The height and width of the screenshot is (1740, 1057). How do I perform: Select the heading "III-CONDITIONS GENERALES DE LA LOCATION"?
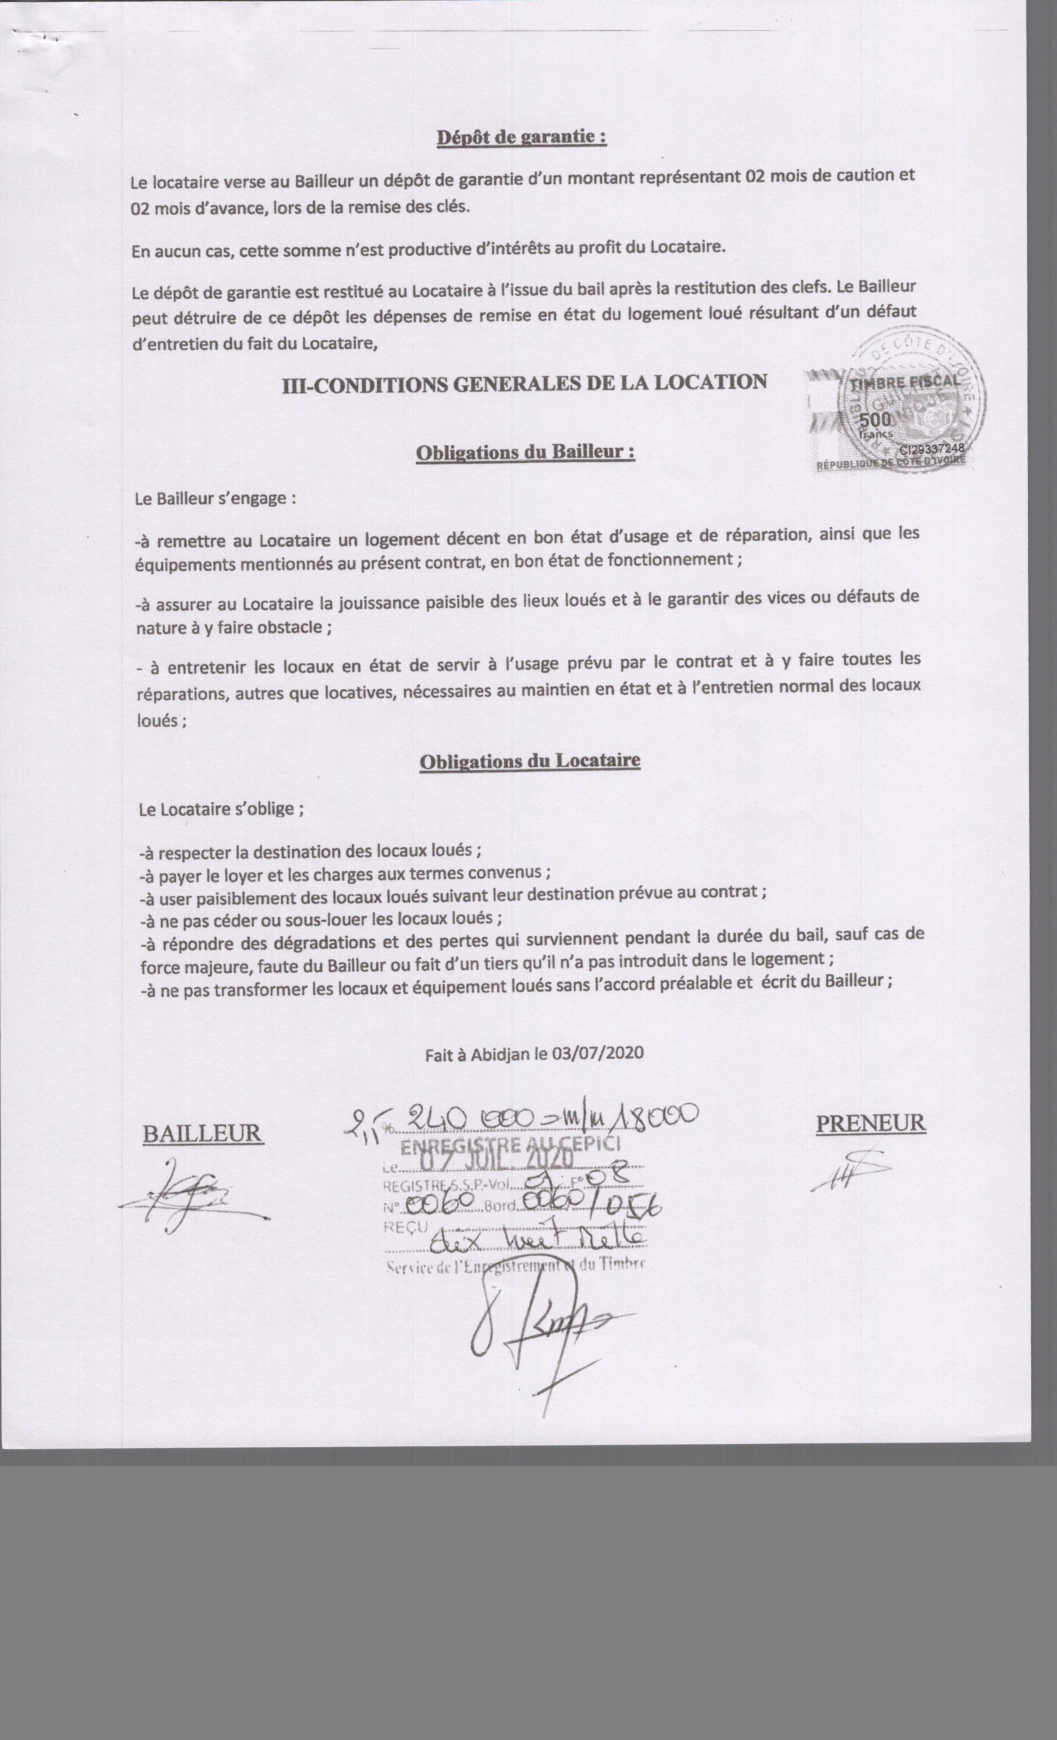[x=524, y=384]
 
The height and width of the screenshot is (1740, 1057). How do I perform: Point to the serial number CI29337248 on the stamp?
[x=931, y=448]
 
